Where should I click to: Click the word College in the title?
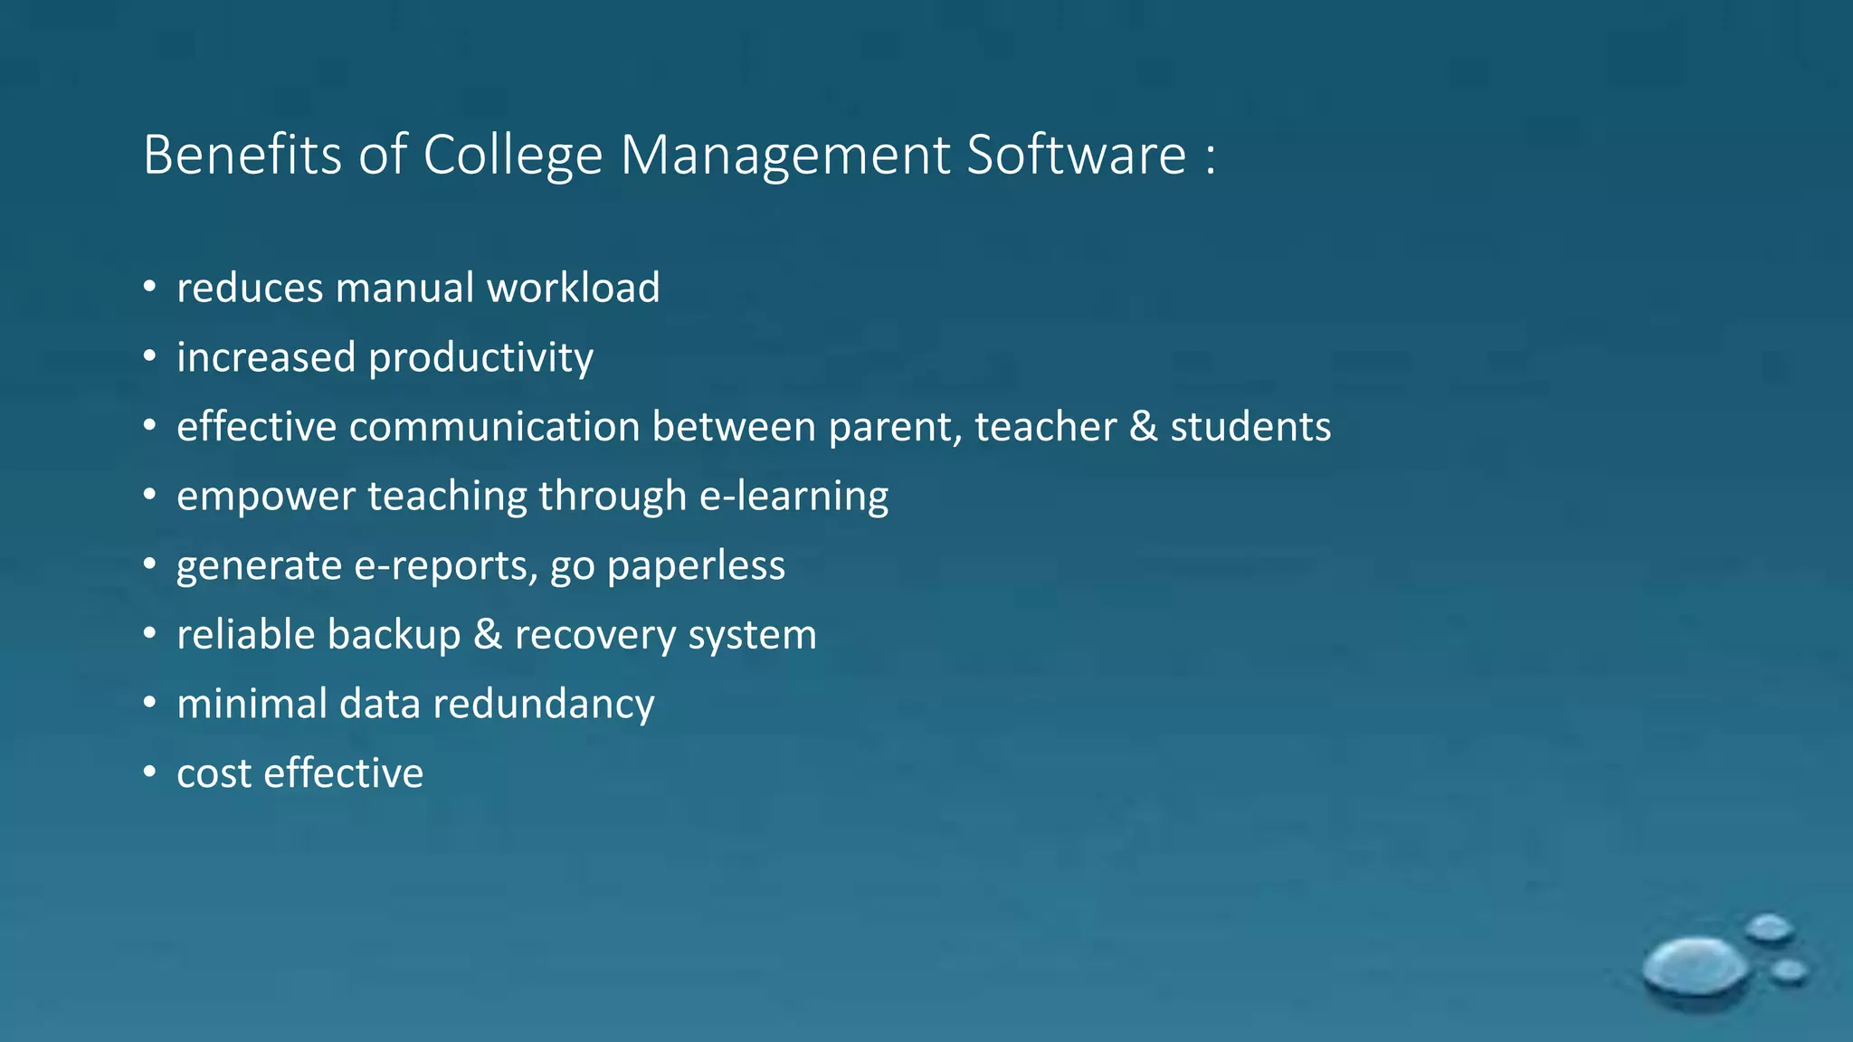[x=512, y=156]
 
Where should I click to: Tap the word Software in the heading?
[x=1076, y=156]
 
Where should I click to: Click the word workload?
[x=574, y=289]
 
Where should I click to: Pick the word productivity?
[x=480, y=358]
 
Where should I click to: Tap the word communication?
[x=495, y=427]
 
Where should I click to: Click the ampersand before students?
[x=1144, y=427]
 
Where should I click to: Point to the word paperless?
[x=696, y=566]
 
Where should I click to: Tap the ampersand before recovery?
[x=488, y=635]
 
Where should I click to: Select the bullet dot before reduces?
[x=149, y=289]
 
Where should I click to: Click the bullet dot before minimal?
[x=149, y=703]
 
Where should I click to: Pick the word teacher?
[x=1046, y=427]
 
